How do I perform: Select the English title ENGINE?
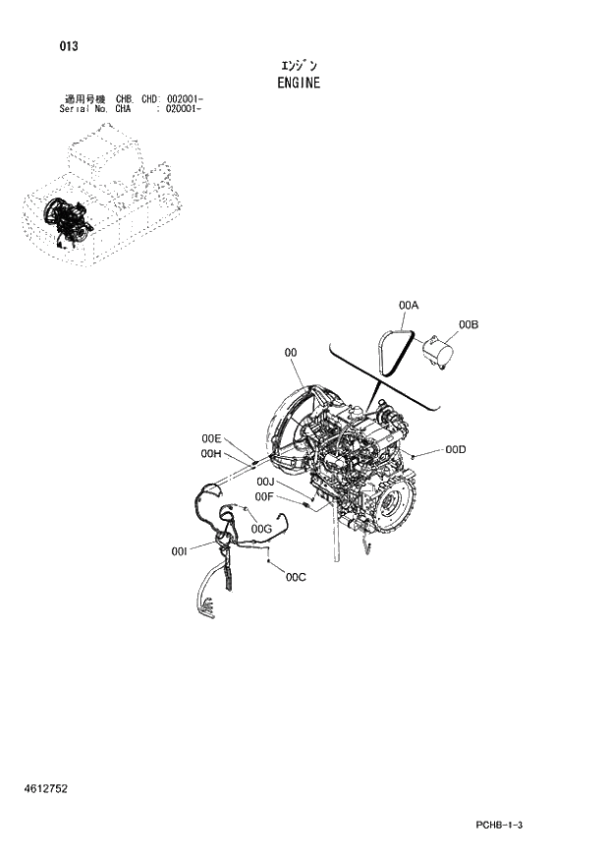pos(300,83)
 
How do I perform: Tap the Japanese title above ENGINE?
pos(299,65)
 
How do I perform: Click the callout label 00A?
pos(409,306)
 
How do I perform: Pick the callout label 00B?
pos(468,324)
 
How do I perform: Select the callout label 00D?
pos(455,449)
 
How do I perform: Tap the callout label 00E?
pos(212,438)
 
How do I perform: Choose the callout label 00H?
pos(211,453)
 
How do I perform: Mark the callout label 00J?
pos(265,482)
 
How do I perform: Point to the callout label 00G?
pos(260,529)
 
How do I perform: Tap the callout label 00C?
pos(296,577)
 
